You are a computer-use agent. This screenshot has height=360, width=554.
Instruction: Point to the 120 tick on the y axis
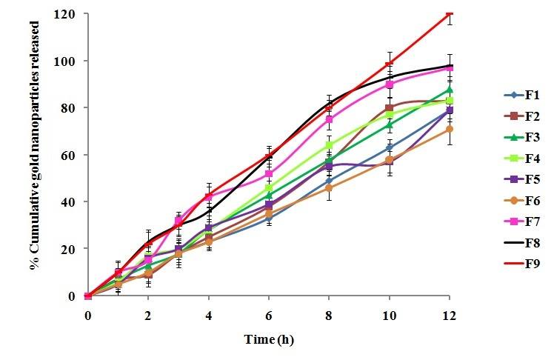pyautogui.click(x=71, y=14)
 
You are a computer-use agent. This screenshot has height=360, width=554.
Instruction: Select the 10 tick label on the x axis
pyautogui.click(x=389, y=314)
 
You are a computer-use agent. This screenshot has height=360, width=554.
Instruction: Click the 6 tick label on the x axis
pyautogui.click(x=269, y=314)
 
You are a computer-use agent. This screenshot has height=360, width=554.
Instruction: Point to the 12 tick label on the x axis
pyautogui.click(x=449, y=314)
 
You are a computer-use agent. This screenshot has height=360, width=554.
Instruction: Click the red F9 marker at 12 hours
pyautogui.click(x=449, y=14)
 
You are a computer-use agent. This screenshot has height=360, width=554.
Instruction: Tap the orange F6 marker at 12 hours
pyautogui.click(x=449, y=129)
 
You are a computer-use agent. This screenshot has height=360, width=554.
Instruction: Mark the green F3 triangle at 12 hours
pyautogui.click(x=449, y=90)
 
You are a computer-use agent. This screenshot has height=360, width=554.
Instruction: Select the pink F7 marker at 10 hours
pyautogui.click(x=389, y=84)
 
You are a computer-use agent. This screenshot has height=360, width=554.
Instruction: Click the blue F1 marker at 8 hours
pyautogui.click(x=329, y=181)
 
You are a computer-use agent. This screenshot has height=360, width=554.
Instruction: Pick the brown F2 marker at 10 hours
pyautogui.click(x=389, y=108)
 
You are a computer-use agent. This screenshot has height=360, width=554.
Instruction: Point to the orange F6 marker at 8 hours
pyautogui.click(x=329, y=188)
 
